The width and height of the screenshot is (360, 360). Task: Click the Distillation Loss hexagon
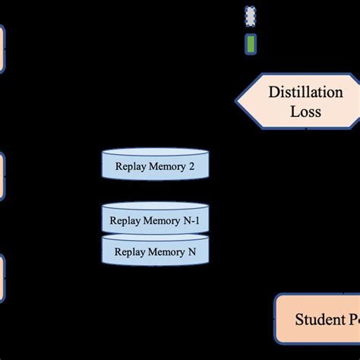point(300,102)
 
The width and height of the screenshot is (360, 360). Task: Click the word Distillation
point(305,93)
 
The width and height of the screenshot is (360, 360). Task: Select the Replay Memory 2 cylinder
point(155,165)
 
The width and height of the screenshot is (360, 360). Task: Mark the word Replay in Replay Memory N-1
point(125,222)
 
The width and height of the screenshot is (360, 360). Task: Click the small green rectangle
point(251,44)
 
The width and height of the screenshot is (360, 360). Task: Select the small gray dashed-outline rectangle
point(251,15)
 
